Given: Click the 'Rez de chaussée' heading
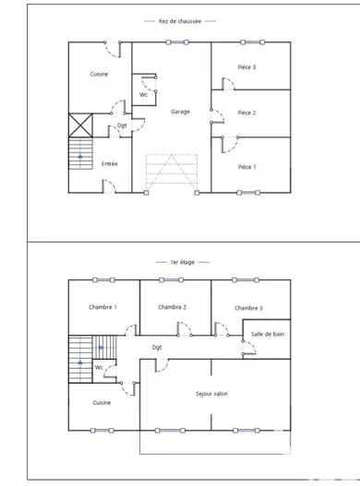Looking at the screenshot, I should tap(180, 21).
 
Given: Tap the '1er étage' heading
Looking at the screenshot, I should tap(180, 262).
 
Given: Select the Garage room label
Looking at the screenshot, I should tap(181, 112).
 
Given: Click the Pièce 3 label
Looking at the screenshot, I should tap(246, 67).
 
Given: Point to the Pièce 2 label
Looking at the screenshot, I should tap(246, 113).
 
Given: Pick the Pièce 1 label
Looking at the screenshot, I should tap(246, 167).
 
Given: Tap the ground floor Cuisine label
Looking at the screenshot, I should tap(99, 74).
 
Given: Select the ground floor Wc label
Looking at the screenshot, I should tap(144, 95).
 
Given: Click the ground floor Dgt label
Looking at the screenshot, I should tap(122, 125).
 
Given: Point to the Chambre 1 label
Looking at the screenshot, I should tap(102, 307).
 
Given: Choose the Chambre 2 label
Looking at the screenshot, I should tap(173, 307).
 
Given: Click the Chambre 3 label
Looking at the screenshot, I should tap(248, 308).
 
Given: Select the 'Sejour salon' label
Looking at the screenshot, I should tap(211, 394).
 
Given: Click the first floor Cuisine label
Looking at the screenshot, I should tap(102, 403).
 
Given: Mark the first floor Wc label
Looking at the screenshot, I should tap(99, 367).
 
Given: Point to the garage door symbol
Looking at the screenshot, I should tap(171, 172).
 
